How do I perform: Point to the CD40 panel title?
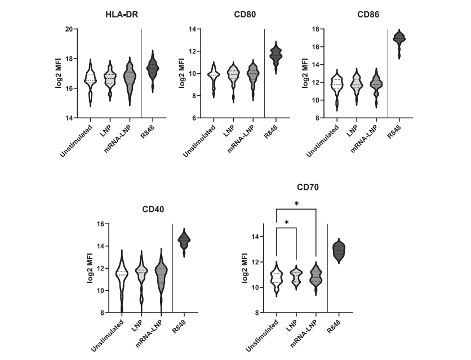pos(153,210)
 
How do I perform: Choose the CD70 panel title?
pos(309,187)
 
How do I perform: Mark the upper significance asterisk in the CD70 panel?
pos(296,203)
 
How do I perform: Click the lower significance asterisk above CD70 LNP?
pos(287,223)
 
